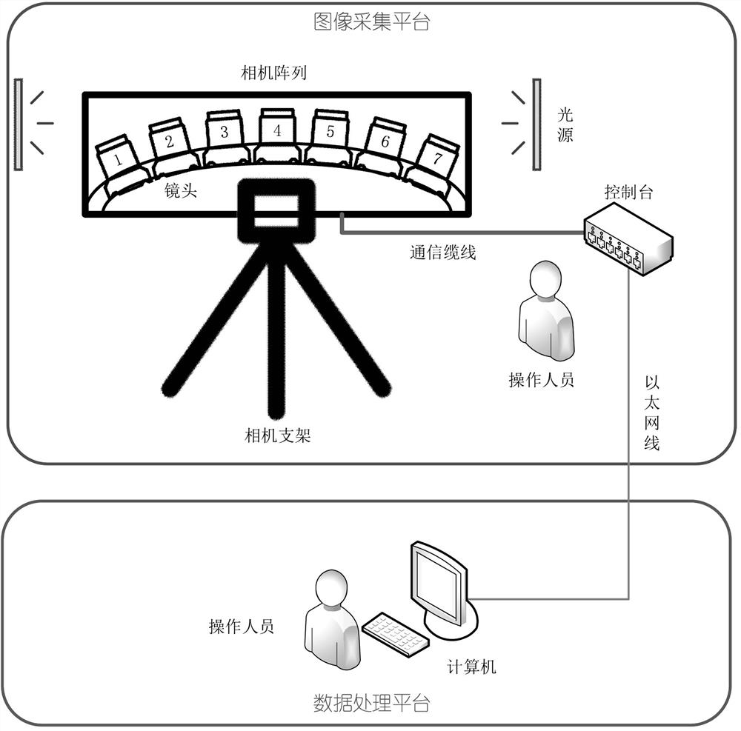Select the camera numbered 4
tap(277, 133)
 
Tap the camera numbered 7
tap(436, 158)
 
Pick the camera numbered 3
tap(224, 135)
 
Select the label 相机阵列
tap(274, 73)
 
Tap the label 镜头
tap(181, 192)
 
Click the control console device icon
tap(627, 238)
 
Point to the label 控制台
tap(628, 193)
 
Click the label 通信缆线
tap(442, 252)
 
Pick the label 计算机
tap(471, 667)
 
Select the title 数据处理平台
tap(371, 702)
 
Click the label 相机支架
tap(278, 435)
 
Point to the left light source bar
tap(18, 124)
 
